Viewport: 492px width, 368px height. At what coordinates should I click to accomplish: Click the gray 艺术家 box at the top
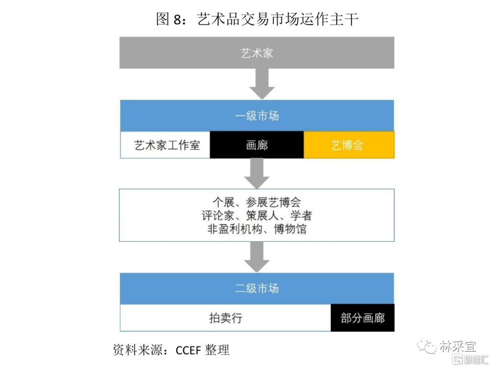pos(256,53)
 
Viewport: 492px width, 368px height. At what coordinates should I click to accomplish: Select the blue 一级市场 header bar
pos(256,116)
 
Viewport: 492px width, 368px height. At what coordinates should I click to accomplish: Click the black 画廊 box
pos(256,145)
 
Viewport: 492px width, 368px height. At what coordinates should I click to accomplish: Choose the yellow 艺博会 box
pos(348,145)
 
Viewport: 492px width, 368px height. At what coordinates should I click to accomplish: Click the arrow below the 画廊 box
pos(256,173)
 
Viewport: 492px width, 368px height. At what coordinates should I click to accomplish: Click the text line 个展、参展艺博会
pos(256,202)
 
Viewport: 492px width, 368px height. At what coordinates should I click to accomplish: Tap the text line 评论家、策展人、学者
pos(256,215)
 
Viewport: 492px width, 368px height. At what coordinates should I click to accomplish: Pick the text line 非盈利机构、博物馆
pos(256,228)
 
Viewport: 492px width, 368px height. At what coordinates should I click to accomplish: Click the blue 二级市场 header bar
pos(256,288)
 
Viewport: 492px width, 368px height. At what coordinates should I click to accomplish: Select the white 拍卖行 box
pos(225,318)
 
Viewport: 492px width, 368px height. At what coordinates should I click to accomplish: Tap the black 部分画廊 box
pos(362,318)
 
